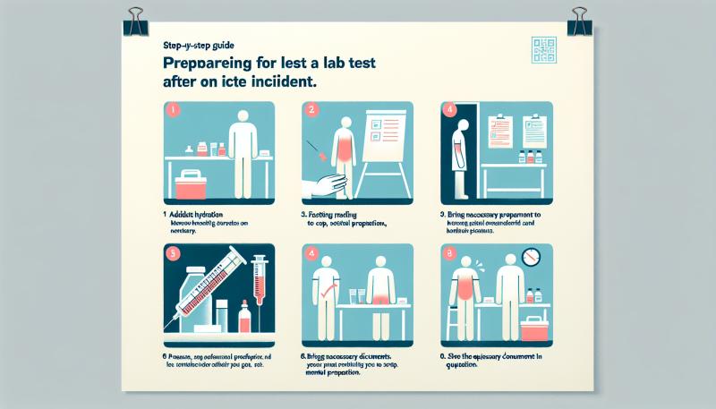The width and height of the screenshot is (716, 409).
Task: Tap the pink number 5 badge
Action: (174, 253)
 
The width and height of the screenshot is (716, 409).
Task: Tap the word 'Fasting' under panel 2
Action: (324, 216)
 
